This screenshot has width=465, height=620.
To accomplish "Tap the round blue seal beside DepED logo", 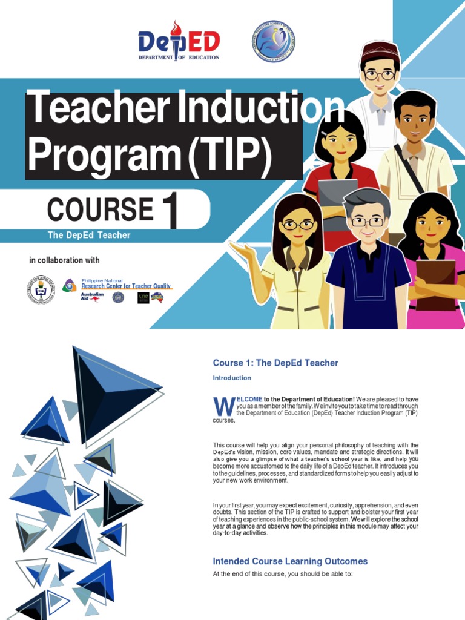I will pyautogui.click(x=273, y=41).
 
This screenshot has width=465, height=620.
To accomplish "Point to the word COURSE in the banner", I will pyautogui.click(x=100, y=209).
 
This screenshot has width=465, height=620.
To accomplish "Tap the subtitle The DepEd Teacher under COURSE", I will pyautogui.click(x=89, y=235).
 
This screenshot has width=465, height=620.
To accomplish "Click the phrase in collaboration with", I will pyautogui.click(x=64, y=260).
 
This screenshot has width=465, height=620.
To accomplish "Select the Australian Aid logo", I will pyautogui.click(x=92, y=297).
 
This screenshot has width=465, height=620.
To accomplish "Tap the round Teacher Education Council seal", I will pyautogui.click(x=41, y=289).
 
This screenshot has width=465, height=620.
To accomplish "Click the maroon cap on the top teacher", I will pyautogui.click(x=380, y=51).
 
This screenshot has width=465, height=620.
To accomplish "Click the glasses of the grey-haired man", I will pyautogui.click(x=368, y=222).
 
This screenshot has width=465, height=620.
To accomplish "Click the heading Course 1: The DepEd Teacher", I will pyautogui.click(x=275, y=363).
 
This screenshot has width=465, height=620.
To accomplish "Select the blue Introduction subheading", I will pyautogui.click(x=232, y=378).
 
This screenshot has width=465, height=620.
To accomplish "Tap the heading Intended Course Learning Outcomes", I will pyautogui.click(x=290, y=561).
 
